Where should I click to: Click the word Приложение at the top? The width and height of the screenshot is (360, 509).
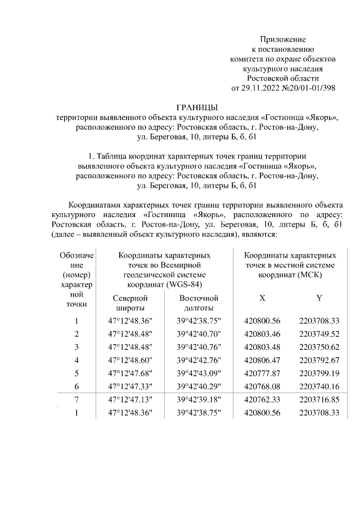coord(282,39)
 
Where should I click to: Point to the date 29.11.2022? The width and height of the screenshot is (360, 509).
coord(260,88)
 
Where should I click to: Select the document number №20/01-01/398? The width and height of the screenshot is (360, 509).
coord(308,88)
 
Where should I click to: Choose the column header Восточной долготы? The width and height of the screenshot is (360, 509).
coord(198,303)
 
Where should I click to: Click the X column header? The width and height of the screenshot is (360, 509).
coord(262,298)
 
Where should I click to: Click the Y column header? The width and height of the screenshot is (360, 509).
coord(319,298)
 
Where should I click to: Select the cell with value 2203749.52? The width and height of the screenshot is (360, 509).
coord(319,334)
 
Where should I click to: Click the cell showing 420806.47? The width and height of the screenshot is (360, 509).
coord(262,360)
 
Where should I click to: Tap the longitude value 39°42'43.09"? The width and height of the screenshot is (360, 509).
coord(198,373)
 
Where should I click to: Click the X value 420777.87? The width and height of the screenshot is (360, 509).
coord(262,373)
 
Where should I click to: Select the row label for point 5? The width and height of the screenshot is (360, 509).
coord(76,373)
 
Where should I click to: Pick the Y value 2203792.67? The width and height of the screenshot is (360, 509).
coord(319,360)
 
